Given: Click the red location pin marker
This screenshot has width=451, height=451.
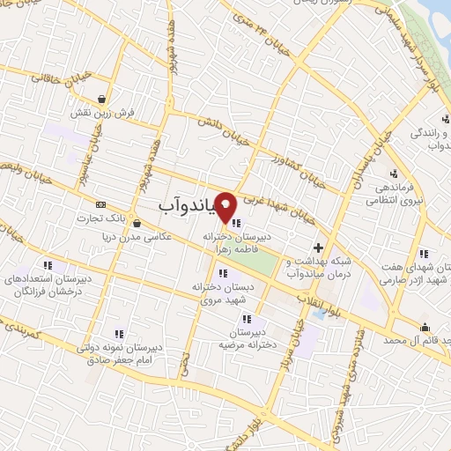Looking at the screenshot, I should [226, 208].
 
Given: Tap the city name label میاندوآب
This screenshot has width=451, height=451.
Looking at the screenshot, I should [189, 204].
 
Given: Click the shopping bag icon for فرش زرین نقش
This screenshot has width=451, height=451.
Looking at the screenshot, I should [104, 99].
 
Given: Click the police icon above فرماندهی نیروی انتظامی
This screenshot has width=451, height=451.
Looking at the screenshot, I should [393, 173].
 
